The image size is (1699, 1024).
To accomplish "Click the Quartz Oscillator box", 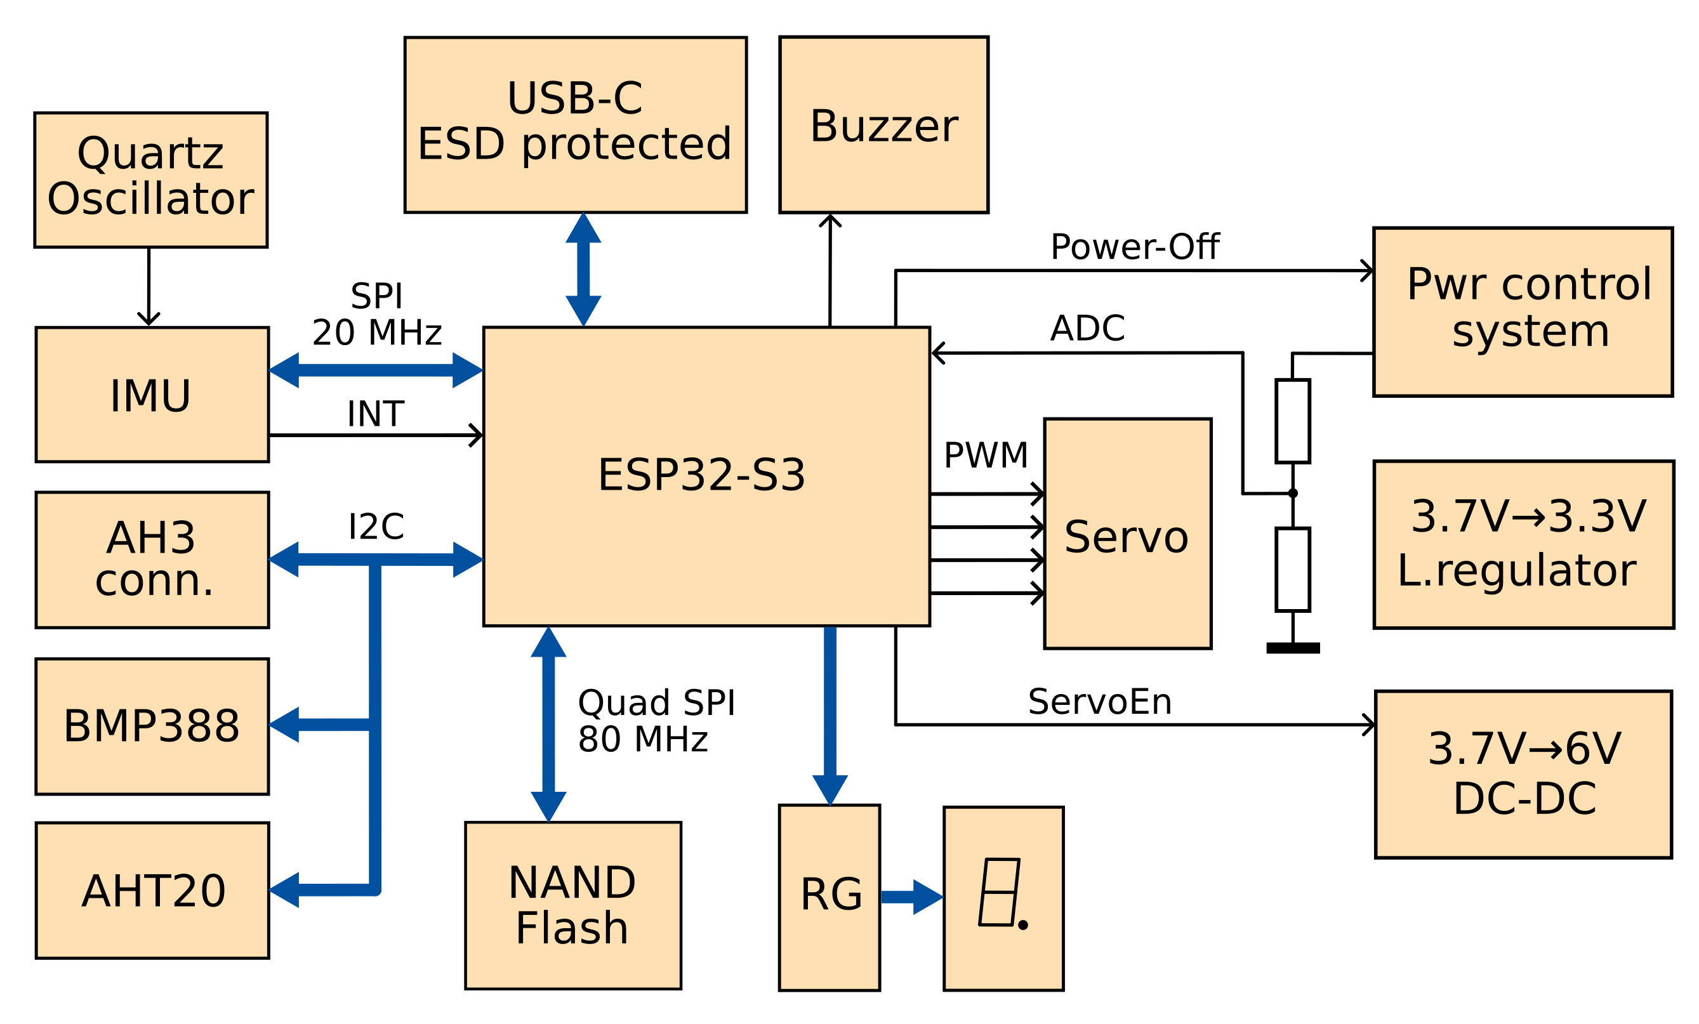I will [151, 180].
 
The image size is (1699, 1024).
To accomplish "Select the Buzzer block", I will [883, 125].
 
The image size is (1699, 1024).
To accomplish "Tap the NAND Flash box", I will [573, 905].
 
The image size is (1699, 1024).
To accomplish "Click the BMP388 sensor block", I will [152, 726].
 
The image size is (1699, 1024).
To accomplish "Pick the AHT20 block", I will [152, 889].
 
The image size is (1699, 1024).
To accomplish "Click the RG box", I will [830, 896].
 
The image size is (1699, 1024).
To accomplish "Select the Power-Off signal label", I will [1134, 247].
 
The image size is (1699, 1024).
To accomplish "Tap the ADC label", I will [1087, 329].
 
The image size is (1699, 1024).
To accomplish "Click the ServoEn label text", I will [1099, 702].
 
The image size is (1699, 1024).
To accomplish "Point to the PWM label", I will [986, 456].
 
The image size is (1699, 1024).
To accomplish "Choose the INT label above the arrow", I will [375, 414].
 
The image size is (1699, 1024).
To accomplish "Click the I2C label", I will [376, 527].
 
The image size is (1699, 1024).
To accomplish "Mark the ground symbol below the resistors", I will [1293, 648].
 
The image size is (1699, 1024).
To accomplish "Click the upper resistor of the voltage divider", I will [1293, 421].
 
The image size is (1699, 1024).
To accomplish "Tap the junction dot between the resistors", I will [1293, 494].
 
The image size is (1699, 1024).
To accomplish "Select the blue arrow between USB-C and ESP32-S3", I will [583, 270].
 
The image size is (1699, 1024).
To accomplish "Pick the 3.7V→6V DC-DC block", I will [1523, 774].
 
